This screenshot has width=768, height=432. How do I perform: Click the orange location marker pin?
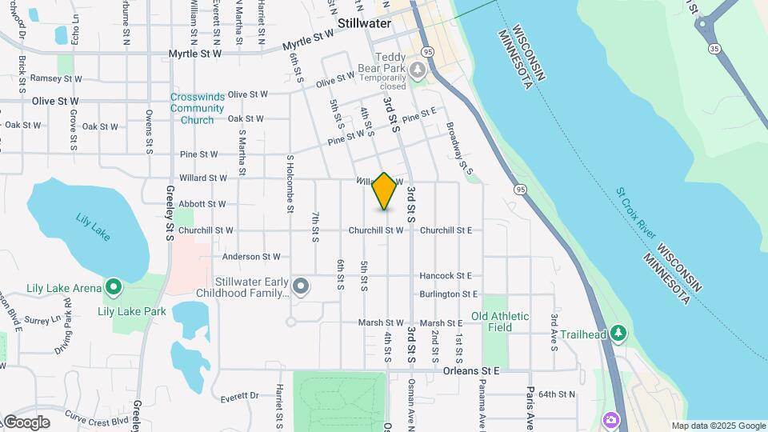click(385, 191)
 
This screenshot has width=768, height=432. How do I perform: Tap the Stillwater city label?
click(364, 23)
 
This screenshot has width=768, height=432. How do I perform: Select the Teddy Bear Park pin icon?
click(417, 71)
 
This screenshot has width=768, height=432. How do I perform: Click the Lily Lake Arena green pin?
click(114, 286)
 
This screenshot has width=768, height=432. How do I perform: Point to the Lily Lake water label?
click(93, 226)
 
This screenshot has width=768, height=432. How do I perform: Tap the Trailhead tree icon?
click(617, 333)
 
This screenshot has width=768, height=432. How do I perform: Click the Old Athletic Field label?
click(500, 322)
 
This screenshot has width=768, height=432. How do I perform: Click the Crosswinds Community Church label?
click(192, 109)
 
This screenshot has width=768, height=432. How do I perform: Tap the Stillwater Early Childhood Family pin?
click(301, 286)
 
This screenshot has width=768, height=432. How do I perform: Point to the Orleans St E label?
click(471, 371)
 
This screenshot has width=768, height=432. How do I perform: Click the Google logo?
click(26, 422)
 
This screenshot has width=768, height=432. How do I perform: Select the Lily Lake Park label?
click(132, 311)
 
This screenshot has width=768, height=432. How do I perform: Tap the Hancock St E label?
click(446, 275)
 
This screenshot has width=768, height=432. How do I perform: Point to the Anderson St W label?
click(251, 257)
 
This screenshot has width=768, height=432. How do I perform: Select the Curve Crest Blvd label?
click(98, 419)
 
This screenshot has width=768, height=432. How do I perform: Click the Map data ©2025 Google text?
click(718, 426)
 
